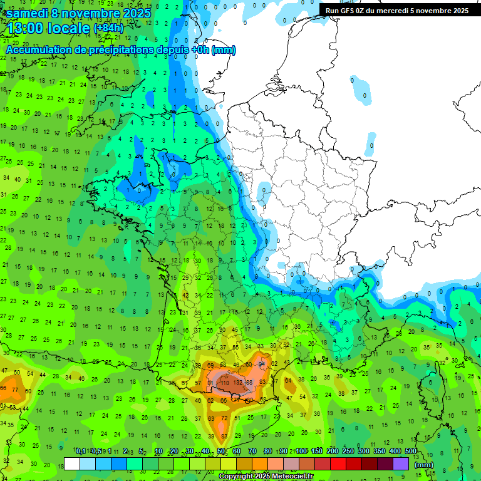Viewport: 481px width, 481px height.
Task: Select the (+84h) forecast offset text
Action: tap(108, 28)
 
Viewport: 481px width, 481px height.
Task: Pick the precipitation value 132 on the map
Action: tap(238, 382)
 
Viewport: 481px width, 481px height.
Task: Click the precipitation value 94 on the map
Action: tap(262, 364)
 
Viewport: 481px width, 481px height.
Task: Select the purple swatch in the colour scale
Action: tap(401, 463)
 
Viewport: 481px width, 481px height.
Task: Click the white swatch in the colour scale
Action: tap(72, 463)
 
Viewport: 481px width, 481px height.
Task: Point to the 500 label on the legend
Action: tap(411, 451)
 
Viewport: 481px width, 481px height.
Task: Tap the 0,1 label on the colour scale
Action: tap(81, 451)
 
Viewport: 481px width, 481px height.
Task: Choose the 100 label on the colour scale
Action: tap(301, 451)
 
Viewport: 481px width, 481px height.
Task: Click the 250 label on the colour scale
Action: tap(348, 451)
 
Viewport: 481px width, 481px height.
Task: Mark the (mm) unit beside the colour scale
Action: tap(424, 465)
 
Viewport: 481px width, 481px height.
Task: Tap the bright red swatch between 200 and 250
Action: tap(338, 463)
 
